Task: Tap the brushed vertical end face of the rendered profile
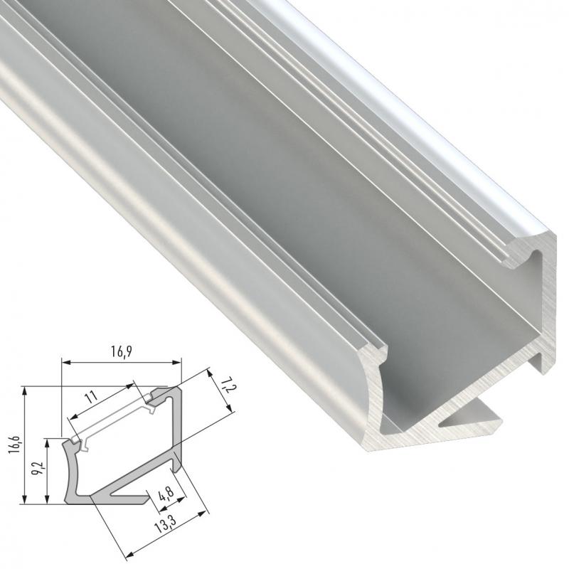548,306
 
